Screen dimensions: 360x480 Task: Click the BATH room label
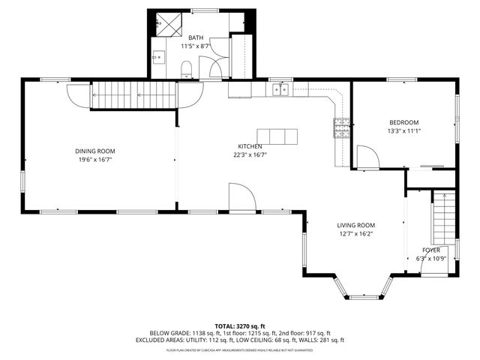(x=196, y=37)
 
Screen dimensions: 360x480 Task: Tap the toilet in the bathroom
(x=187, y=70)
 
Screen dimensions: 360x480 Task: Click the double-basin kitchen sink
(x=281, y=90)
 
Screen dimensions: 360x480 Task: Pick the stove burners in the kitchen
(x=341, y=129)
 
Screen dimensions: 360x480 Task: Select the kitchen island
(x=277, y=136)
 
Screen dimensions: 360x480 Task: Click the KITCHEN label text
(x=250, y=146)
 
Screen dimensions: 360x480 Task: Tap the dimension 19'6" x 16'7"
(x=94, y=160)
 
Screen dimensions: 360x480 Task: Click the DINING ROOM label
(x=94, y=151)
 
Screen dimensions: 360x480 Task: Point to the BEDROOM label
(x=403, y=122)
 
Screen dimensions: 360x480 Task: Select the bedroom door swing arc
(x=367, y=157)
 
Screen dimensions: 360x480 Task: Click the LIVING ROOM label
(x=355, y=224)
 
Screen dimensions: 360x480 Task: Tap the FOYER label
(x=430, y=250)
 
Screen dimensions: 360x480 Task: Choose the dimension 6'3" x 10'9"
(x=430, y=259)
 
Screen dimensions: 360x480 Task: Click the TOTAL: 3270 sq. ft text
(x=240, y=326)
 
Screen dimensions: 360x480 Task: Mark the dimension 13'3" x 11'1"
(x=403, y=131)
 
